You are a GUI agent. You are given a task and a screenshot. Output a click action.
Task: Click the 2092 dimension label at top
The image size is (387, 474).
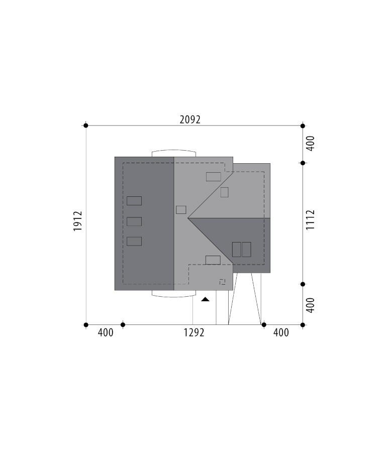tap(190, 120)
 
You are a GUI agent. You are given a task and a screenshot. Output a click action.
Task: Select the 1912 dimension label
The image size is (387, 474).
tap(78, 221)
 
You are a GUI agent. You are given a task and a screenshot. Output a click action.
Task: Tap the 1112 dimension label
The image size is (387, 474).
tap(310, 220)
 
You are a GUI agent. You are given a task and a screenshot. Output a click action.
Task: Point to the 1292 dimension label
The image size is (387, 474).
tap(194, 332)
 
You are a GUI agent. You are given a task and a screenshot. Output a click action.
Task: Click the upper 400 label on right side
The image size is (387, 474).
tap(310, 143)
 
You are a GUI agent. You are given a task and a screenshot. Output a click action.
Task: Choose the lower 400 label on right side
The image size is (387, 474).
tap(310, 305)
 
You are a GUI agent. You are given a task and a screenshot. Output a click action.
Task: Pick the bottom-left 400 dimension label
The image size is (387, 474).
tap(106, 332)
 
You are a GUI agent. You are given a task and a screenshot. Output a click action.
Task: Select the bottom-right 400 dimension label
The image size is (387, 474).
tap(281, 332)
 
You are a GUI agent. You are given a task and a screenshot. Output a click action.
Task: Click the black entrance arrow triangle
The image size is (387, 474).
tap(205, 299)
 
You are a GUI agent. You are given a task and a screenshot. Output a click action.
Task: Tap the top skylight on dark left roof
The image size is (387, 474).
tap(134, 201)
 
